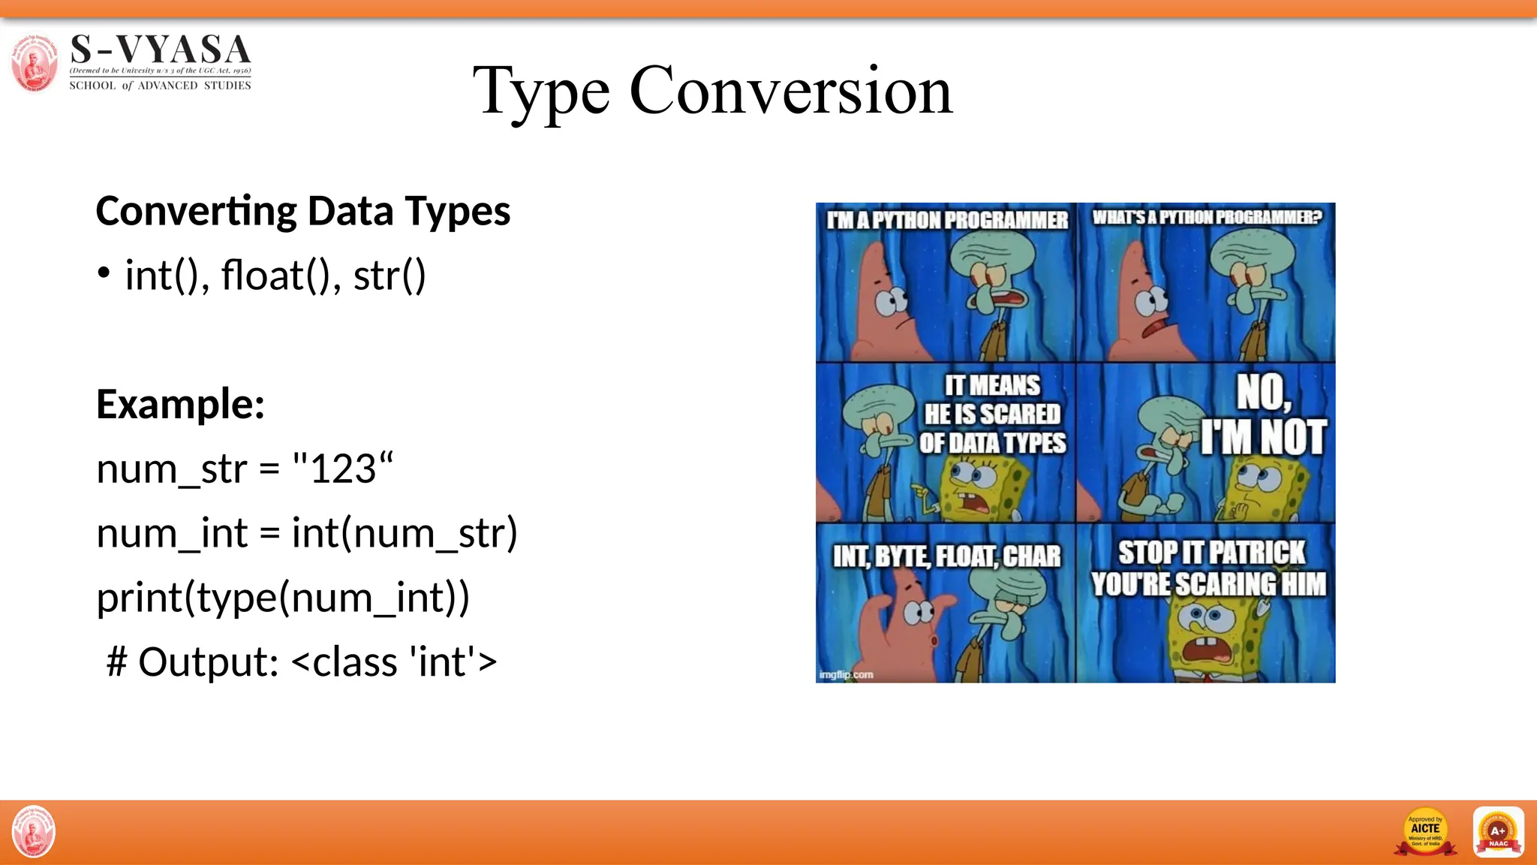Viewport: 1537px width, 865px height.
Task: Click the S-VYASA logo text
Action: (160, 50)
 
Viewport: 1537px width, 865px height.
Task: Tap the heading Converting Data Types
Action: (303, 211)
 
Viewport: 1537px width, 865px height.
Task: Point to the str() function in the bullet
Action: (390, 276)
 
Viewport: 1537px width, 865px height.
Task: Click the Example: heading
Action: (180, 404)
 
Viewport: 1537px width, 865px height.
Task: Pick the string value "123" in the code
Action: (342, 469)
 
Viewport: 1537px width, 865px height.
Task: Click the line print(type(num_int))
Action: (283, 598)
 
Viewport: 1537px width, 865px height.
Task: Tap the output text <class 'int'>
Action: (394, 662)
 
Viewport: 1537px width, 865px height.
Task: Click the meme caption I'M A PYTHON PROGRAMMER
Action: (947, 220)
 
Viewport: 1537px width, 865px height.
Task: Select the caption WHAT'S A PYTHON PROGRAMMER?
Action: (1206, 218)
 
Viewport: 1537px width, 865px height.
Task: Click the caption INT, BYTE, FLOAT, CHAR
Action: (946, 556)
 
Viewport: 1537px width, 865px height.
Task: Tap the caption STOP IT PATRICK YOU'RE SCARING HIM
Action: (1209, 568)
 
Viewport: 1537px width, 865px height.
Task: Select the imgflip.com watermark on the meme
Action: (846, 674)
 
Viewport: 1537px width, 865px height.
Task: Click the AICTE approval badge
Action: (1424, 832)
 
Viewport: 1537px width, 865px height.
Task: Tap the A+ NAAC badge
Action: (1498, 832)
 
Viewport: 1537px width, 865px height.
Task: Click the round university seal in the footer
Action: (34, 832)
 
